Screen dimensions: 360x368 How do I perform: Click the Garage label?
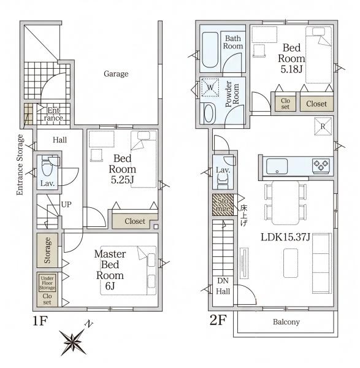point(116,74)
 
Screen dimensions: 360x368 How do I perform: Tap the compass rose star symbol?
point(73,342)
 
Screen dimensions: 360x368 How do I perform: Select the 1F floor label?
point(40,321)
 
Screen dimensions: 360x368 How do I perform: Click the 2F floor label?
point(218,320)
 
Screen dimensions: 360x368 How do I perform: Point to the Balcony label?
point(286,322)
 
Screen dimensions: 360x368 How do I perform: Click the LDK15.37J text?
point(285,237)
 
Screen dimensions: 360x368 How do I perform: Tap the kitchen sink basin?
point(277,166)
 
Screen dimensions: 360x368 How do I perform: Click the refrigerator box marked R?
point(323,126)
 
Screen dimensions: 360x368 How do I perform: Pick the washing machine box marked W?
point(210,88)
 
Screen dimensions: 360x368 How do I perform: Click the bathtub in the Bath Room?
point(210,50)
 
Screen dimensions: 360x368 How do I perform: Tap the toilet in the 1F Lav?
point(47,166)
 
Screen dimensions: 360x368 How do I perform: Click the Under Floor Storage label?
point(47,283)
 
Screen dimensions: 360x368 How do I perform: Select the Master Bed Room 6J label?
point(110,270)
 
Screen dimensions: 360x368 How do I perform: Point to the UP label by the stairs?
point(66,204)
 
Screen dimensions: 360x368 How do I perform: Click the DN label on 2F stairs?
point(223,281)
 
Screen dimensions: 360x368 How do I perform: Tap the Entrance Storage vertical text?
point(20,164)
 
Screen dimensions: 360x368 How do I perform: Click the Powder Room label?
point(232,94)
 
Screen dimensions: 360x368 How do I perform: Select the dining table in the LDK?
point(285,203)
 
